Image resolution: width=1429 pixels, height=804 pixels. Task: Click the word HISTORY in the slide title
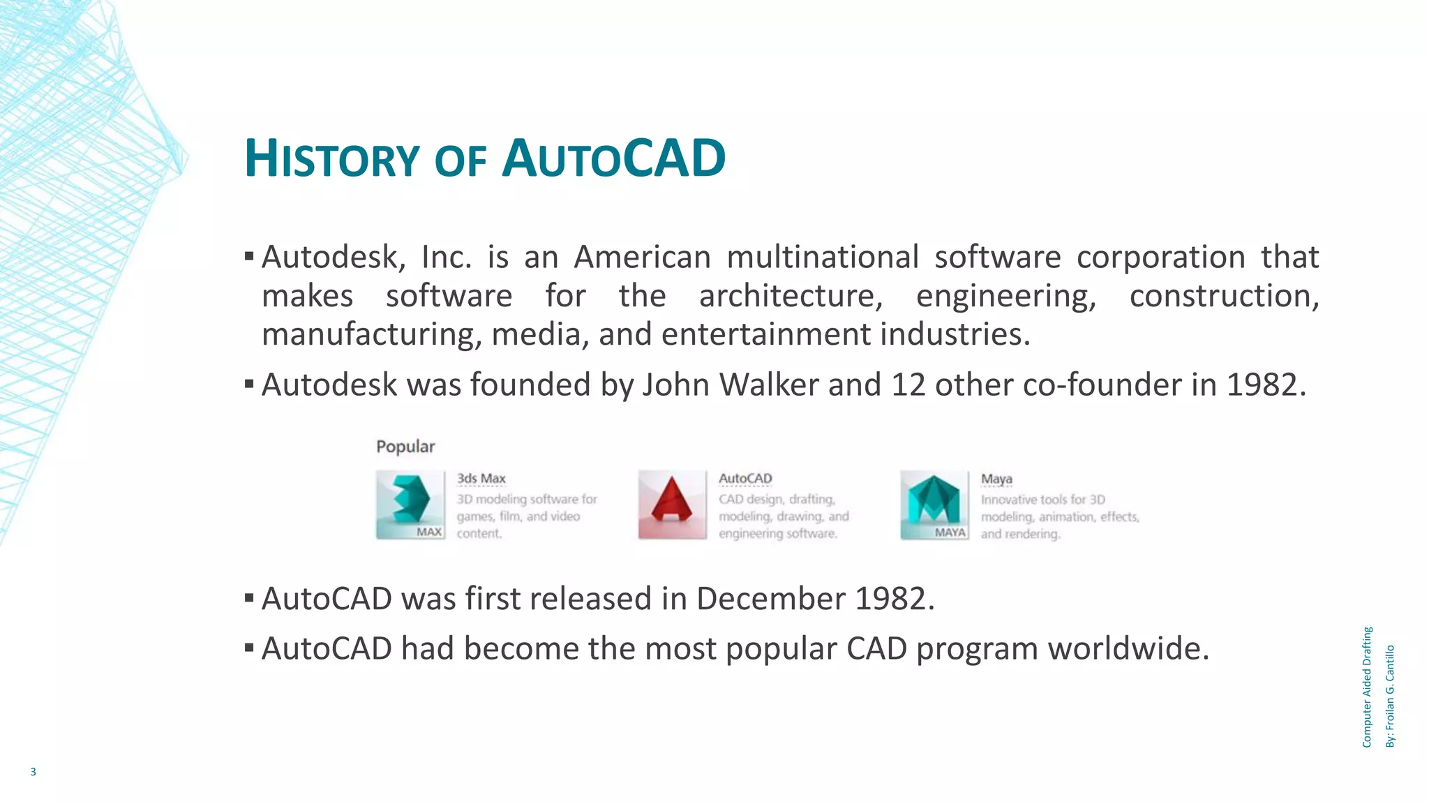[x=331, y=159]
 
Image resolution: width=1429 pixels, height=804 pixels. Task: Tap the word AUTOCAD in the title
[x=614, y=159]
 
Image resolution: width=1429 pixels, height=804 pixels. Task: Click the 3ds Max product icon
[x=410, y=505]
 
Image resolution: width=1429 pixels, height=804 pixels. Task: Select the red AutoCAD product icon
[x=672, y=505]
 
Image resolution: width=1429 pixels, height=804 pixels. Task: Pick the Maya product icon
[x=934, y=505]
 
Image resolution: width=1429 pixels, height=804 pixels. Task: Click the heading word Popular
[x=405, y=447]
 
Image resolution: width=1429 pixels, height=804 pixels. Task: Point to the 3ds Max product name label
[x=481, y=479]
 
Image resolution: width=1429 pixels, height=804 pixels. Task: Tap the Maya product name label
[x=996, y=479]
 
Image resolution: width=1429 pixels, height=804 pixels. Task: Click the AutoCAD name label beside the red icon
[x=745, y=479]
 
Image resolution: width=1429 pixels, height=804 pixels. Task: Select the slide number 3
[x=33, y=772]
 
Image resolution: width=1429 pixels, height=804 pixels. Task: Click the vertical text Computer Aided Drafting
[x=1367, y=687]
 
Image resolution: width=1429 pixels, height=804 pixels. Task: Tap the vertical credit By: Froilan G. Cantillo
[x=1390, y=696]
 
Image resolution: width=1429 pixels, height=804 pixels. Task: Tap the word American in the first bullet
[x=642, y=258]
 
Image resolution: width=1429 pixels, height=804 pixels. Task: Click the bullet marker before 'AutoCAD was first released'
[x=249, y=598]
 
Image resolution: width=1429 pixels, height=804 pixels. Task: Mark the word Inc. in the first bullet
[x=447, y=258]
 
